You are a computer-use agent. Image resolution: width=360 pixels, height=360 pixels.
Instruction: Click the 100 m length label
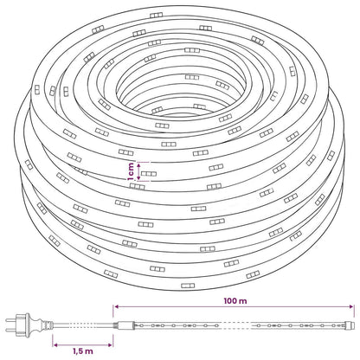click(235, 301)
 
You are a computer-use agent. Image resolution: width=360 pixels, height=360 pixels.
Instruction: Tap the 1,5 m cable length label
click(83, 351)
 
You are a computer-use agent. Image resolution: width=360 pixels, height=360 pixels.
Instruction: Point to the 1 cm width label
click(131, 171)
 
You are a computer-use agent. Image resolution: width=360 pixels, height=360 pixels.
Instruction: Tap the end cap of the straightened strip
click(350, 325)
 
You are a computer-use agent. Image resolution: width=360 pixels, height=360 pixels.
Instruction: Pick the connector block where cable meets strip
click(124, 325)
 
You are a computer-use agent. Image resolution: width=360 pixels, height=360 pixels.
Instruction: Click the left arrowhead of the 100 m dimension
click(116, 307)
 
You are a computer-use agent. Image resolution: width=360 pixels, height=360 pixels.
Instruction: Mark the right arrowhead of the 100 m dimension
click(351, 307)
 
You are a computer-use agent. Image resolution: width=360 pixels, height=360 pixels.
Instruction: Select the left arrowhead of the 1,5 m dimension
click(55, 344)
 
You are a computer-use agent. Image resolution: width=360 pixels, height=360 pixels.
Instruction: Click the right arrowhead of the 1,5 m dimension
click(110, 344)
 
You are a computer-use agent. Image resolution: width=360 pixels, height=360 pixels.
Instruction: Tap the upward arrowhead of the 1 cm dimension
click(139, 164)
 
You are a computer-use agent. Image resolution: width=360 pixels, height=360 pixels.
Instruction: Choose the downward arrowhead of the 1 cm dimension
click(139, 178)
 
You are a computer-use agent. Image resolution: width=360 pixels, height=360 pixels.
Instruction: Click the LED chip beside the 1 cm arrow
click(149, 174)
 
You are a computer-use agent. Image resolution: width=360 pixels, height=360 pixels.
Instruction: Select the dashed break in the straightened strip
click(235, 325)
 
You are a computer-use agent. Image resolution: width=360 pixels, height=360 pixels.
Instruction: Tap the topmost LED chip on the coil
click(156, 16)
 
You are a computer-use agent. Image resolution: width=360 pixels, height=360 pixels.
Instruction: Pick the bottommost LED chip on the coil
click(188, 286)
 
